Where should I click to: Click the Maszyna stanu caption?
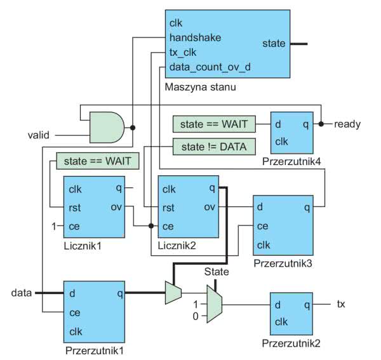[x=196, y=86]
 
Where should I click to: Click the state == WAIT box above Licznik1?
[x=97, y=161]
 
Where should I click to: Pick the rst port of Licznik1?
[x=76, y=207]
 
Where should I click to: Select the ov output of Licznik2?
[x=209, y=207]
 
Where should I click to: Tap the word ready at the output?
[x=347, y=124]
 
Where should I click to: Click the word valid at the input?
[x=38, y=135]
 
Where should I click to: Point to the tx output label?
[x=341, y=305]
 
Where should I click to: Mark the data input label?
[x=22, y=293]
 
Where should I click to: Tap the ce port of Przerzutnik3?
[x=263, y=225]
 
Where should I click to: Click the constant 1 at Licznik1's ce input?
[x=55, y=226]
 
